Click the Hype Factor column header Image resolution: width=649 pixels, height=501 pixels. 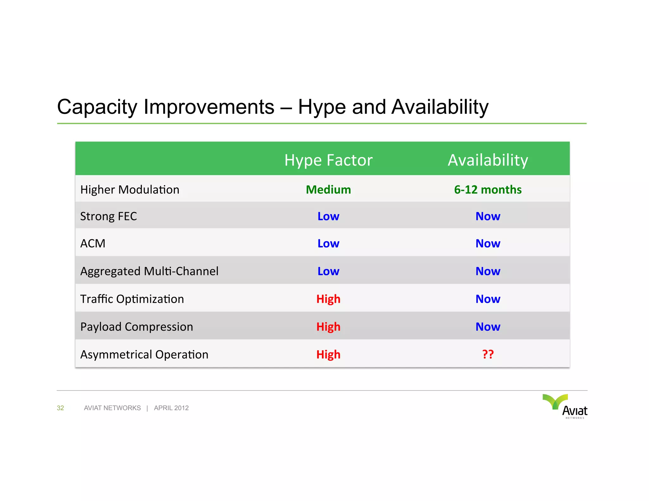tap(328, 160)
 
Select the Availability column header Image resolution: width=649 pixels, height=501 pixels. tap(488, 160)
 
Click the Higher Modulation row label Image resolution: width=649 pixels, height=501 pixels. tap(130, 190)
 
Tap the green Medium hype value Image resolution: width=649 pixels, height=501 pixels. tap(328, 190)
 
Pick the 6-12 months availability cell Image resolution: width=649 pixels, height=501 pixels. tap(488, 190)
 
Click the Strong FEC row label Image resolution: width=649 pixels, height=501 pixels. tap(108, 216)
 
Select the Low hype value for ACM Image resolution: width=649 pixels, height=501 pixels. tap(328, 244)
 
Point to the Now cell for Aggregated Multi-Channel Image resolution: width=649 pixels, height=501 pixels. tap(488, 271)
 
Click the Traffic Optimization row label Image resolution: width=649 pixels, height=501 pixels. tap(132, 299)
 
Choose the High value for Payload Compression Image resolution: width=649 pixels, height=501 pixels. tap(328, 327)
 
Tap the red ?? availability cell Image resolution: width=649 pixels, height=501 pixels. tap(488, 354)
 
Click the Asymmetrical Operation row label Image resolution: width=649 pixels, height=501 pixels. tap(144, 355)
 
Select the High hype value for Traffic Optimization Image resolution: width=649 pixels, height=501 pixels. tap(328, 299)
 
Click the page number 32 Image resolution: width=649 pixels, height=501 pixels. tap(60, 408)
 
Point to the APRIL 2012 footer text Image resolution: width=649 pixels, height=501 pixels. tap(171, 408)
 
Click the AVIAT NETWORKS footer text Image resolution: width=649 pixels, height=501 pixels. tap(112, 408)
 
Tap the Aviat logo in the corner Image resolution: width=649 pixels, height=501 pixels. tap(566, 406)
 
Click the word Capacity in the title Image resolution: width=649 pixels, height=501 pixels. tap(97, 107)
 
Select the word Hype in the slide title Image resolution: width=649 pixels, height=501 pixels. tap(322, 107)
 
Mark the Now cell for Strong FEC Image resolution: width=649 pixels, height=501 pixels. tap(488, 216)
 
